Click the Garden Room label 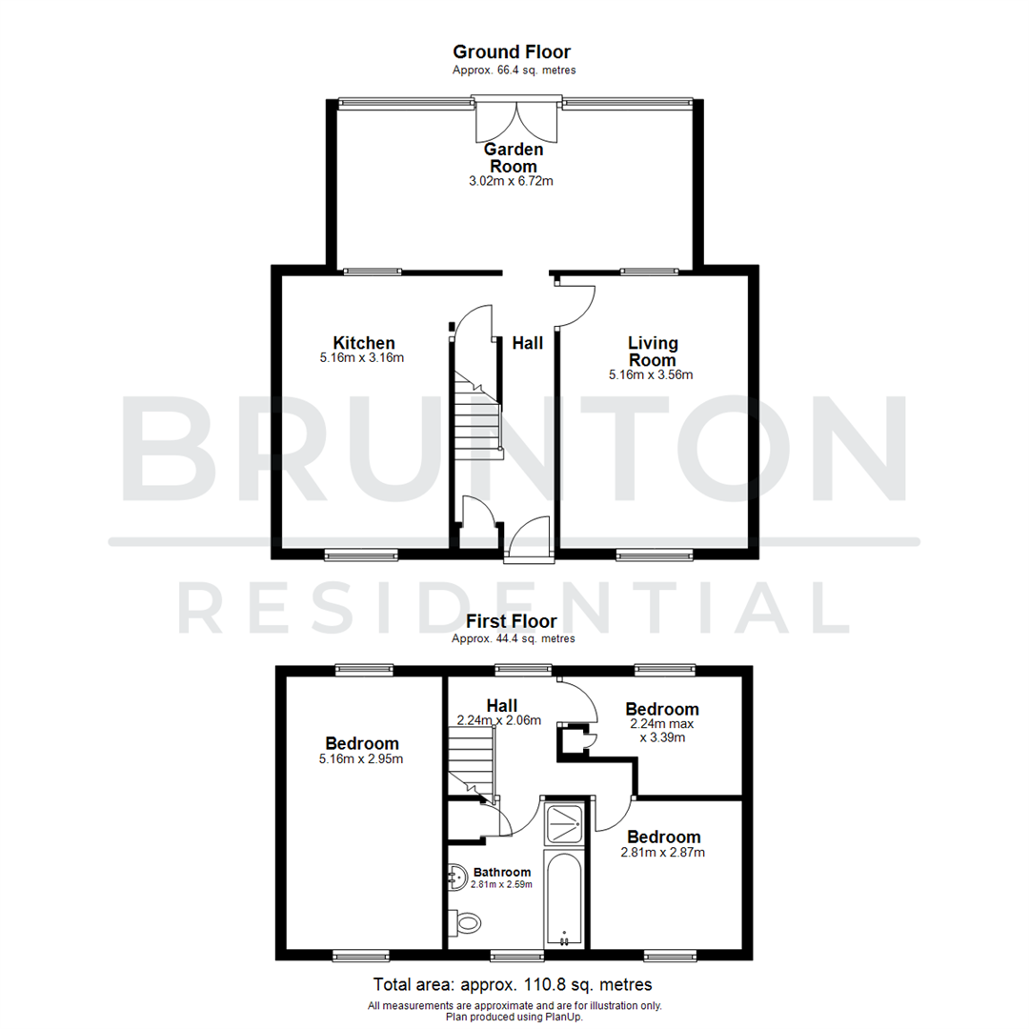click(x=514, y=158)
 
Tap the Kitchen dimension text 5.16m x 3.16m click(x=362, y=359)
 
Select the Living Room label click(x=652, y=351)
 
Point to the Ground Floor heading click(x=512, y=52)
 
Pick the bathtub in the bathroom click(x=565, y=898)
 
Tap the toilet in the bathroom click(x=467, y=922)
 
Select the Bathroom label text click(x=502, y=872)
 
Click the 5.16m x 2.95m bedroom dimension click(x=362, y=759)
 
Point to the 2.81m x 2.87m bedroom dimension click(x=662, y=853)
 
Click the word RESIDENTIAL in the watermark click(x=514, y=607)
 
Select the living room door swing click(x=577, y=305)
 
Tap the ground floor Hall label click(x=527, y=343)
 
